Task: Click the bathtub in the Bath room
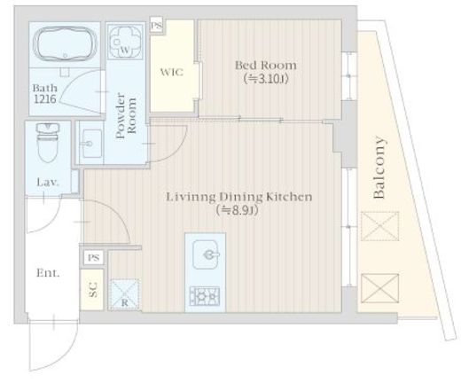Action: (x=65, y=44)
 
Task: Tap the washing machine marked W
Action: (x=124, y=41)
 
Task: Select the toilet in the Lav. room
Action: (x=48, y=143)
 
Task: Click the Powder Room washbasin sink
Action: (x=91, y=144)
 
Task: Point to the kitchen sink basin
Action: (x=206, y=254)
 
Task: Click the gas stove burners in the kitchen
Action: (x=205, y=296)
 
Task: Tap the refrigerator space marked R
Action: (x=124, y=294)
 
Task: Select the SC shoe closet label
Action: (x=93, y=290)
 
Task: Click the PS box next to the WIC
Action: (x=157, y=26)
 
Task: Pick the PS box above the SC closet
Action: (x=93, y=258)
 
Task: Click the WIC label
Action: (x=172, y=73)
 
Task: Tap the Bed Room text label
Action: (x=266, y=66)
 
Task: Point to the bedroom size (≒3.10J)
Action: (x=266, y=79)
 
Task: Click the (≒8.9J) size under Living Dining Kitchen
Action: (x=237, y=210)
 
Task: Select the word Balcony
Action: (x=379, y=168)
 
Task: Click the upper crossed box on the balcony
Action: (x=379, y=226)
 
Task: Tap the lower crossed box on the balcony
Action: (x=379, y=288)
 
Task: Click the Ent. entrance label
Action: (x=48, y=273)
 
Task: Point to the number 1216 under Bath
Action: (x=45, y=99)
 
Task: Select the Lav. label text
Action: (x=48, y=183)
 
